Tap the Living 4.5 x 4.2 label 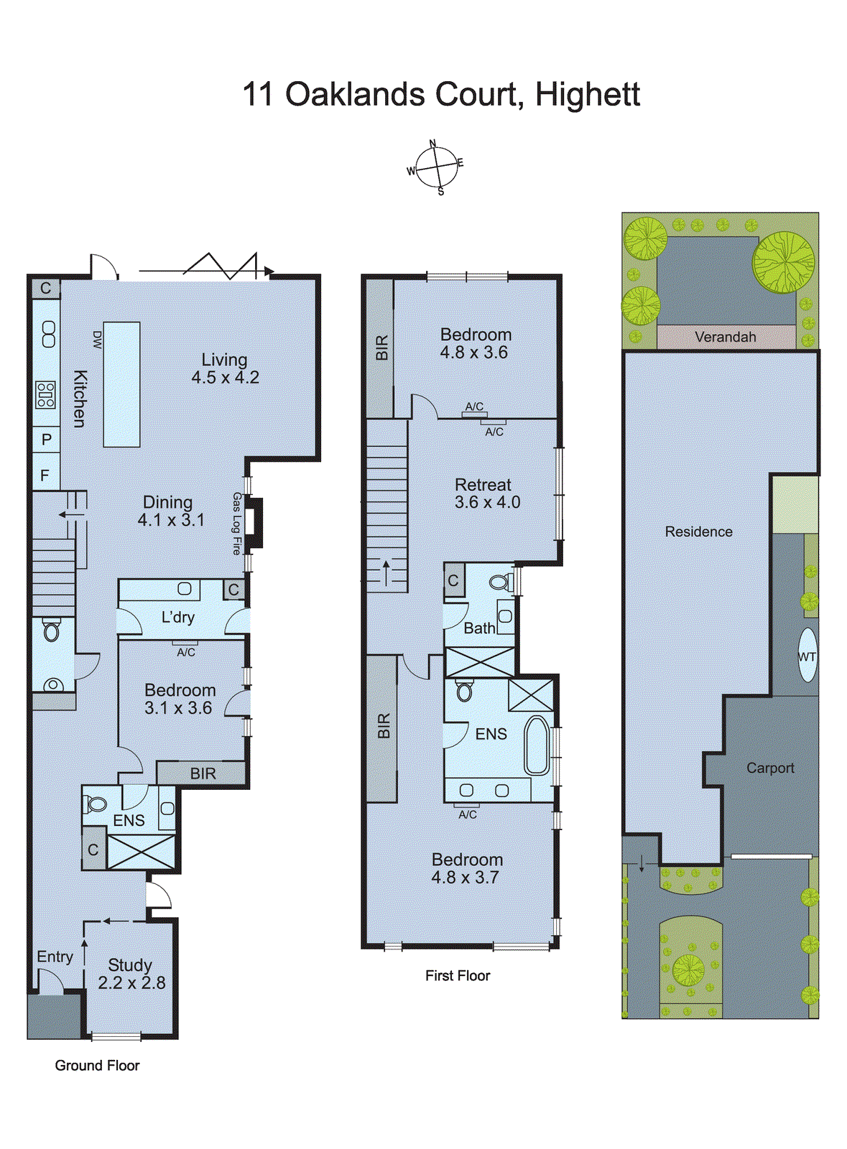coord(225,368)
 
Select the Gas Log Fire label coord(236,524)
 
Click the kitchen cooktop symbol coord(45,395)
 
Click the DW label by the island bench coord(98,340)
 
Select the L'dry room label coord(177,617)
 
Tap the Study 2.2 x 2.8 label coord(131,974)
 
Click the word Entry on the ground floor coord(55,957)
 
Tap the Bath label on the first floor coord(479,628)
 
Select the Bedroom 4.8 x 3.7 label coord(466,868)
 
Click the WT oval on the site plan coord(807,656)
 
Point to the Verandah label coord(725,337)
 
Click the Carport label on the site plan coord(770,768)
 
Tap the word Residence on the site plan coord(698,531)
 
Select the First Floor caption coord(457,975)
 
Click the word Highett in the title coord(587,95)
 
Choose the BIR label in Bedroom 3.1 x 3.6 coord(203,773)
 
